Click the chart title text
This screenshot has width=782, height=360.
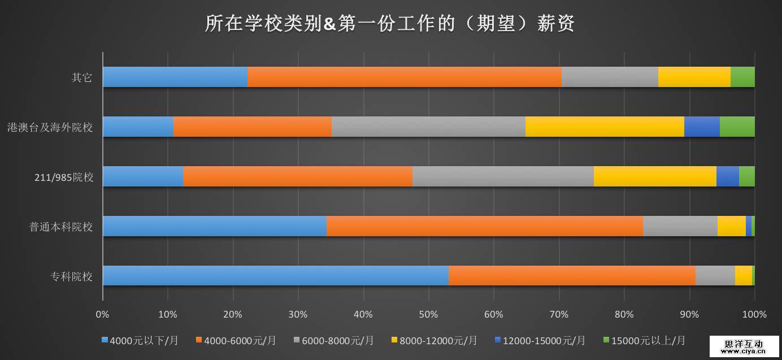click(x=390, y=24)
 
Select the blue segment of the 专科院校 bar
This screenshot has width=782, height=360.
click(x=275, y=276)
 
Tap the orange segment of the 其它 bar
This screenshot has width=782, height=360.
click(x=405, y=77)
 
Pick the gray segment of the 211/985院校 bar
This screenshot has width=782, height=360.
click(x=503, y=176)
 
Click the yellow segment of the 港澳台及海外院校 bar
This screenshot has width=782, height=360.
click(x=605, y=127)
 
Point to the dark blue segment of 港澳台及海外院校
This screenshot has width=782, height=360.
click(x=702, y=127)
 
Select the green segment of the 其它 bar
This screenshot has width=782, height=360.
click(x=742, y=77)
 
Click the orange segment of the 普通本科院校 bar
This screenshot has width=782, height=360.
click(x=484, y=226)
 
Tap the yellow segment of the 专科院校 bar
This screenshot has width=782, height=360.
click(x=743, y=276)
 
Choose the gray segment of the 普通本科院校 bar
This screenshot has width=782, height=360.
click(x=680, y=226)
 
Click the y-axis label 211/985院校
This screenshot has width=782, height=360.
click(x=64, y=177)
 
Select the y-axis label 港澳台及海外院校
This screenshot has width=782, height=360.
click(x=50, y=128)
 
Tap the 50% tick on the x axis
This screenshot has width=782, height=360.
click(x=428, y=314)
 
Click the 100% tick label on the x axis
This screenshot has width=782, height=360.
click(x=754, y=314)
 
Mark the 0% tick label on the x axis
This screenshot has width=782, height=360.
click(x=102, y=314)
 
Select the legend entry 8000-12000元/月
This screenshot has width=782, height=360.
click(x=438, y=340)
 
